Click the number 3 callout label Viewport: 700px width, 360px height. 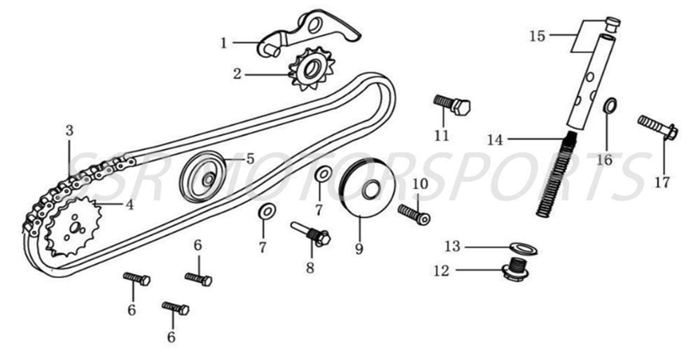(69, 130)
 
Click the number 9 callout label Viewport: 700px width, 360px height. (358, 248)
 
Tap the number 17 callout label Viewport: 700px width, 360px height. (662, 183)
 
